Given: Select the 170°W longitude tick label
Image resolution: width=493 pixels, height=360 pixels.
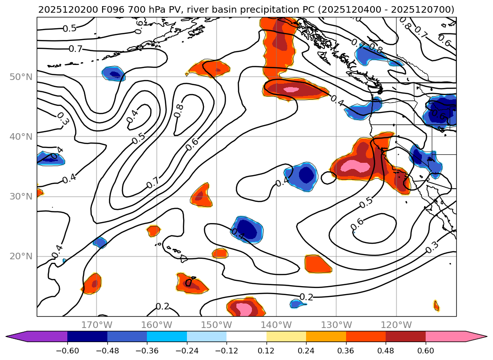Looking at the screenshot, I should (97, 325).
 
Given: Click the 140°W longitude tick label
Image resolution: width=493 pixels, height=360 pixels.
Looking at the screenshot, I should (276, 325).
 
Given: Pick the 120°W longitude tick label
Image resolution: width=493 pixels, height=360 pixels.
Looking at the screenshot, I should (396, 325).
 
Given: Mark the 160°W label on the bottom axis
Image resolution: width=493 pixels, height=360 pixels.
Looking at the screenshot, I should (156, 325).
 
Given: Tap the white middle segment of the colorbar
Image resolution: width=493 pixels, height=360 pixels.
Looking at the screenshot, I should (246, 336).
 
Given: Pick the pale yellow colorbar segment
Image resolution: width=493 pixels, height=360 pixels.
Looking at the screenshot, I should (286, 336).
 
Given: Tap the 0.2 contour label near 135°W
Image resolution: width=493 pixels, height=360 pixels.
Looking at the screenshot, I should (306, 297).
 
